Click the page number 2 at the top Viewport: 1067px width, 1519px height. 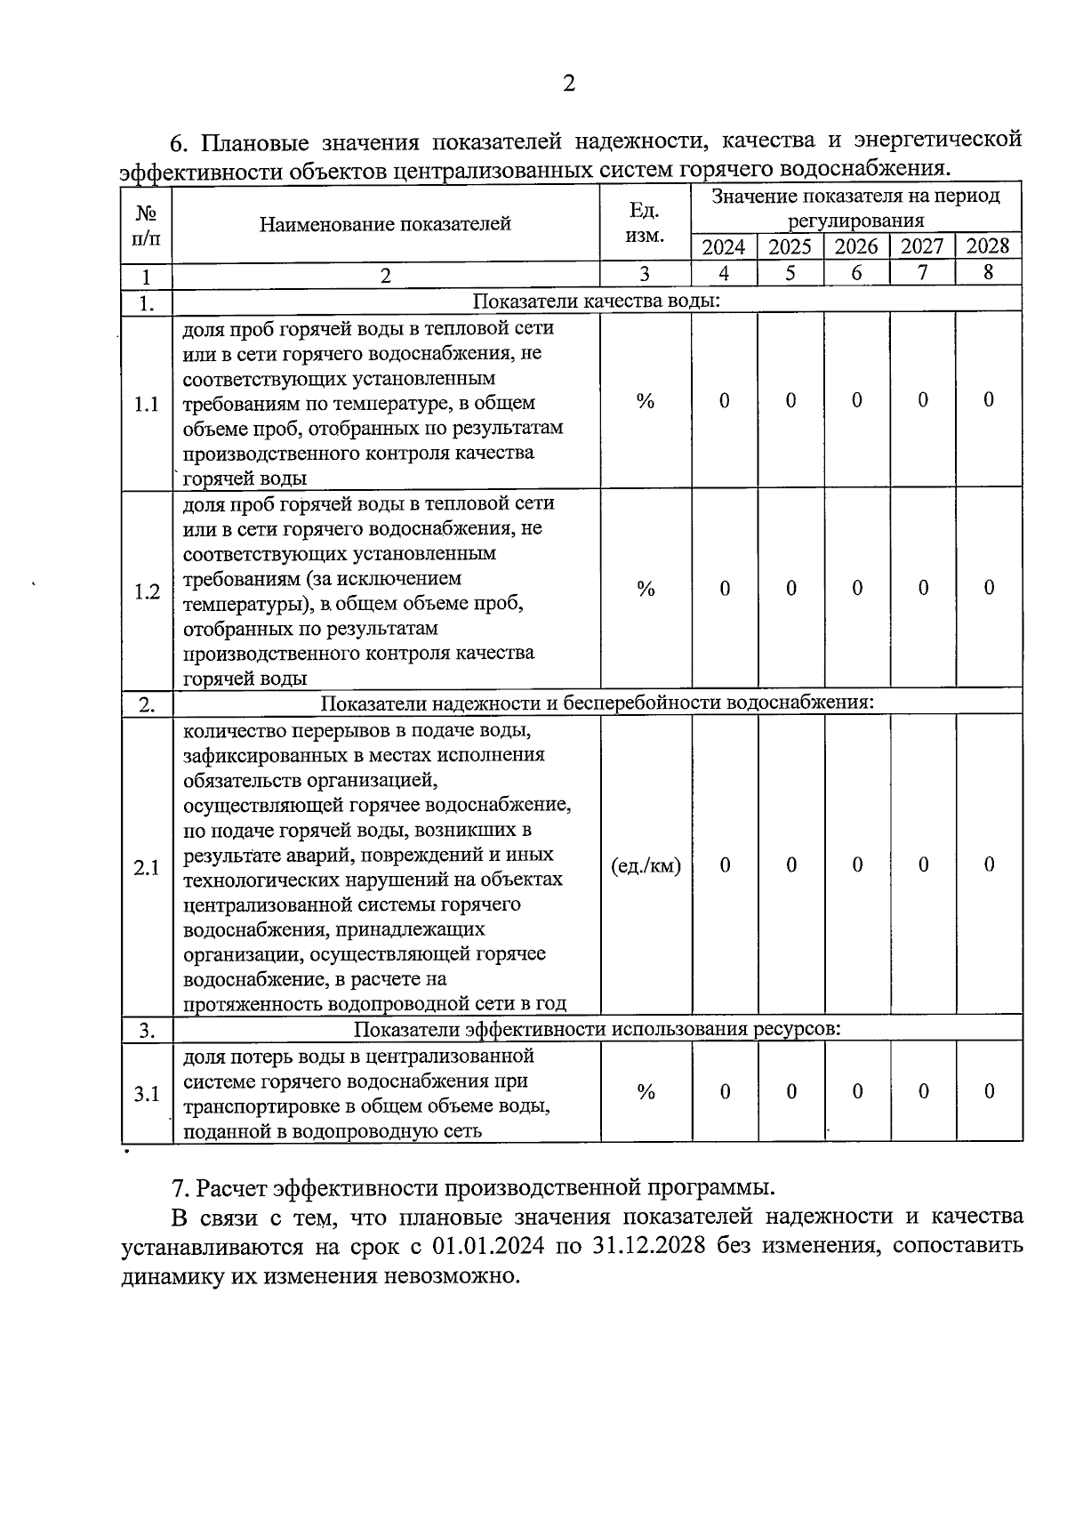pyautogui.click(x=569, y=84)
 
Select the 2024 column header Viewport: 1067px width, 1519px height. pyautogui.click(x=724, y=246)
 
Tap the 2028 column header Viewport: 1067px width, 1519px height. pyautogui.click(x=988, y=246)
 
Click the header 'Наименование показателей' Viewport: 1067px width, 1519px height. pyautogui.click(x=385, y=224)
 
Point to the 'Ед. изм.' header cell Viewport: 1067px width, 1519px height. pyautogui.click(x=645, y=222)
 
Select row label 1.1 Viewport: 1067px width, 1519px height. pyautogui.click(x=146, y=405)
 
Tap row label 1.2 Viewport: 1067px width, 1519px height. pyautogui.click(x=146, y=591)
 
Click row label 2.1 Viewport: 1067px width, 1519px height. pyautogui.click(x=146, y=867)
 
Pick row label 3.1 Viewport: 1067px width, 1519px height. pyautogui.click(x=146, y=1094)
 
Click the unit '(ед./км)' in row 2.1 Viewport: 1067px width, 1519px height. pyautogui.click(x=646, y=865)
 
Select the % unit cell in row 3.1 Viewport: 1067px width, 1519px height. pyautogui.click(x=646, y=1092)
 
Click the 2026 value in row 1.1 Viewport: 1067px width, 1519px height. pyautogui.click(x=856, y=401)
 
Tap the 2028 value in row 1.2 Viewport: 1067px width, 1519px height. pyautogui.click(x=988, y=588)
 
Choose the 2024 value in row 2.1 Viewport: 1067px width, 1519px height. pyautogui.click(x=725, y=865)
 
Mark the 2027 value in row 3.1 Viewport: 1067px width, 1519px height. pyautogui.click(x=923, y=1092)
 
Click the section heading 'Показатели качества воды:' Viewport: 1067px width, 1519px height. pyautogui.click(x=596, y=301)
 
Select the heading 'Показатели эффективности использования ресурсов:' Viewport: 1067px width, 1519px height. pyautogui.click(x=597, y=1029)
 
